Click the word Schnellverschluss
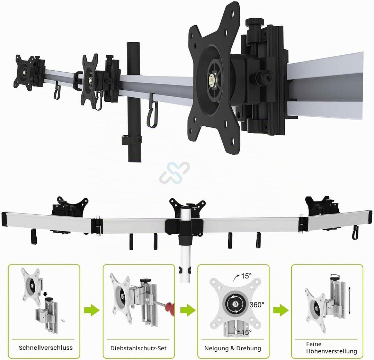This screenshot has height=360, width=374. [x=46, y=348]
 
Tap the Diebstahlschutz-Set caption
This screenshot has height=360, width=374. [x=138, y=348]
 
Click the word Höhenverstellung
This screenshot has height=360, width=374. [x=331, y=351]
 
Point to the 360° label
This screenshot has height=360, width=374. [x=257, y=305]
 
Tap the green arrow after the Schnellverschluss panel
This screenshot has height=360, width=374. [x=91, y=310]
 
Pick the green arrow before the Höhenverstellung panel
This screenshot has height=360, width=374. [x=281, y=310]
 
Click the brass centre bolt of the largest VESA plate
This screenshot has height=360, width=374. [x=212, y=78]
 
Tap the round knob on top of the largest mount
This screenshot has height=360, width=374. [x=255, y=22]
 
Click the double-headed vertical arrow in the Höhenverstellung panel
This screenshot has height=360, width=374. [x=349, y=301]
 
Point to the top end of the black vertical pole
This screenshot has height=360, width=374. [x=133, y=43]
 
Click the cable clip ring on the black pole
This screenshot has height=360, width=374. [x=132, y=140]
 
